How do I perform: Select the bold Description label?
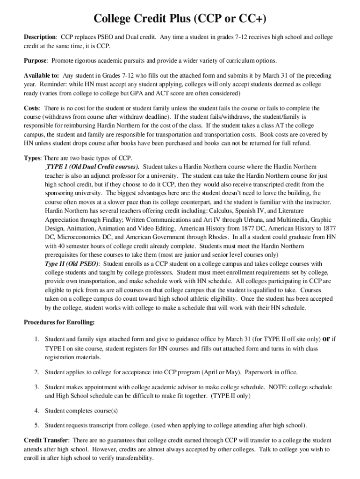click(x=40, y=37)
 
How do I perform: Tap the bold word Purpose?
click(x=36, y=61)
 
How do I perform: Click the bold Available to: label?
click(x=42, y=76)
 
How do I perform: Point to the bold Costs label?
click(x=32, y=108)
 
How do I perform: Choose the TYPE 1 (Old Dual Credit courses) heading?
click(x=92, y=167)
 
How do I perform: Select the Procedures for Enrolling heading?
click(x=59, y=322)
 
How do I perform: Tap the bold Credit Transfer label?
click(x=46, y=441)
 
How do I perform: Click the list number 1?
click(x=36, y=339)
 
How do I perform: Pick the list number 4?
click(x=36, y=411)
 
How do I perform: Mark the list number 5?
click(x=36, y=425)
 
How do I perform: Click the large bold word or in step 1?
click(x=327, y=338)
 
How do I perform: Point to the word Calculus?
click(x=220, y=210)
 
